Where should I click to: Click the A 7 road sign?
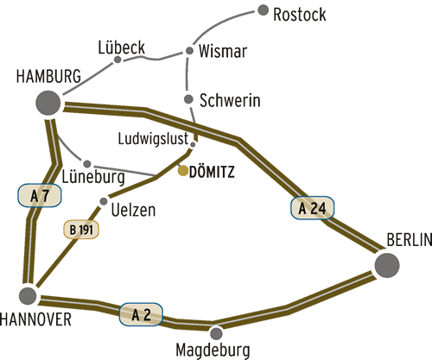[40, 196]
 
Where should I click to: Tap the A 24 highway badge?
[313, 208]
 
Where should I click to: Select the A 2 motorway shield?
[141, 314]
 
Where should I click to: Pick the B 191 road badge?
[81, 230]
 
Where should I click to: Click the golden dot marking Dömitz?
[183, 171]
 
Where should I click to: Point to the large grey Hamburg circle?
[48, 103]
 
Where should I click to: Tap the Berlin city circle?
[387, 265]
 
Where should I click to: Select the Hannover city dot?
[28, 295]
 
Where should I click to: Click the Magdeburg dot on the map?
[216, 333]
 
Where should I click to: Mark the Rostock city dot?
[263, 10]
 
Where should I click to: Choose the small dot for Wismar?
[189, 51]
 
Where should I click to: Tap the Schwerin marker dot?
[188, 99]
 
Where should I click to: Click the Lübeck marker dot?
[118, 60]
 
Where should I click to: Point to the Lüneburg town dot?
[87, 164]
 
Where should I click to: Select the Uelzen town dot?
[104, 201]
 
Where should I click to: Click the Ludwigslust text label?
[153, 139]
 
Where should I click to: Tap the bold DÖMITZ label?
[212, 172]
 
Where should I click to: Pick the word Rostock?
[300, 15]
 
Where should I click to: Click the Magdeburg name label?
[213, 351]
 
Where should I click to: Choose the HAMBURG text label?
[48, 76]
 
